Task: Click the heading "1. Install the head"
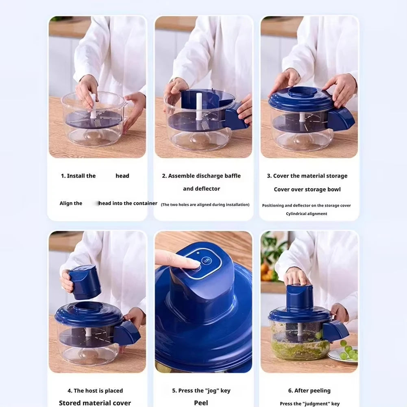(95, 176)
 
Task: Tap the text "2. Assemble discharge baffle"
(201, 176)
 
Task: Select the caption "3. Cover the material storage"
(307, 176)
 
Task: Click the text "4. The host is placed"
(95, 391)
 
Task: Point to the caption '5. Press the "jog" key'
(201, 391)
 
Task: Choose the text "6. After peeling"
(309, 391)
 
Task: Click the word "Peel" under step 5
(201, 403)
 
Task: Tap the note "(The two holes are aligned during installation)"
(205, 205)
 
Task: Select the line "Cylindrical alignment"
(306, 214)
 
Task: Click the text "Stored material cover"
(95, 403)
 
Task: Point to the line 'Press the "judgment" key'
(309, 404)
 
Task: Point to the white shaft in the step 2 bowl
(199, 107)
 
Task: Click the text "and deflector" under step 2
(201, 189)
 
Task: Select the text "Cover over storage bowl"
(307, 189)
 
